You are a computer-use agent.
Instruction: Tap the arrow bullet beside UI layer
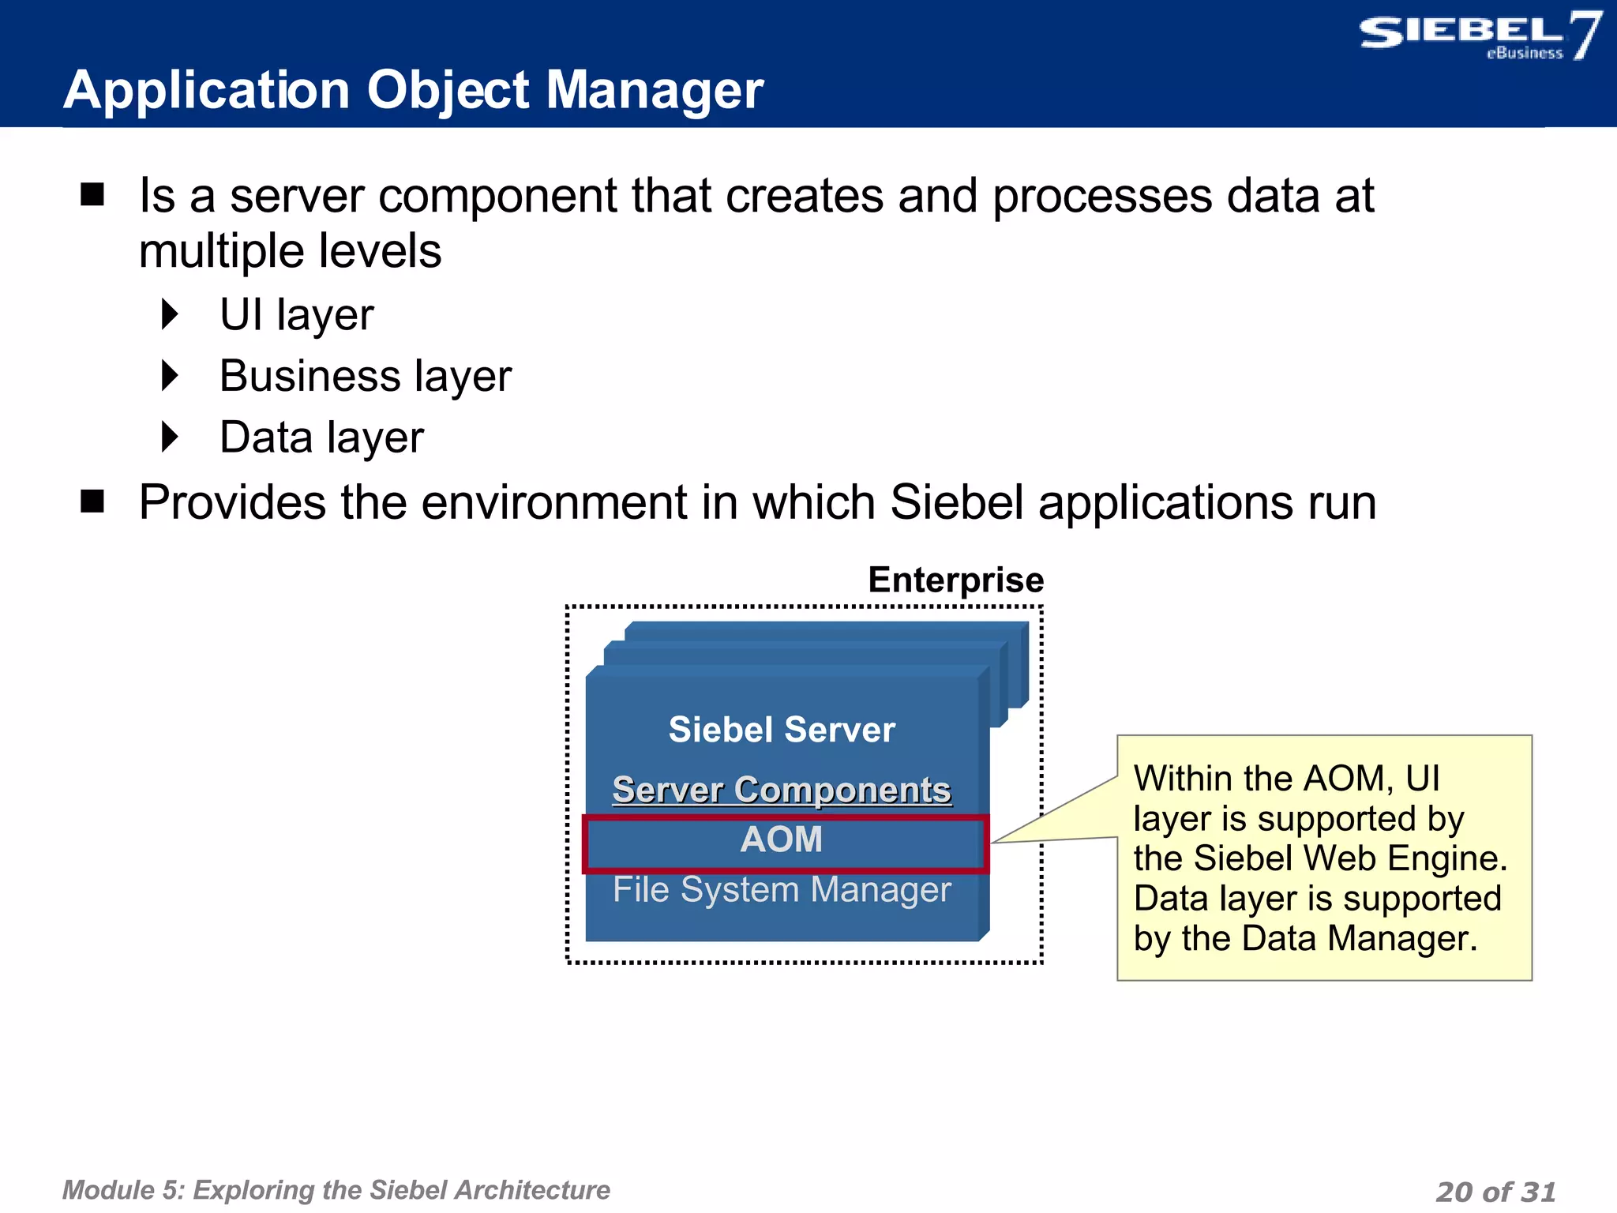[x=171, y=314]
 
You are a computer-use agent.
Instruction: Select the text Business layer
[x=365, y=376]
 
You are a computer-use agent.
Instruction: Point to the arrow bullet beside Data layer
[x=171, y=437]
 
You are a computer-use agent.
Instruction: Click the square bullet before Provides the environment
[x=92, y=501]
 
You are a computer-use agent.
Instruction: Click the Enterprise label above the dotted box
[x=955, y=580]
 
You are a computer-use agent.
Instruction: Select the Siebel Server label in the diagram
[x=782, y=729]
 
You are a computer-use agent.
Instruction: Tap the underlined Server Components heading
[x=782, y=790]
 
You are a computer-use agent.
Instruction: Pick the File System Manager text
[x=782, y=890]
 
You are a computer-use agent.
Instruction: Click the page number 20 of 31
[x=1495, y=1191]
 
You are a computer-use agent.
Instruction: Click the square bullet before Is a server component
[x=92, y=194]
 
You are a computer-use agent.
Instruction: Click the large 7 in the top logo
[x=1585, y=35]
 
